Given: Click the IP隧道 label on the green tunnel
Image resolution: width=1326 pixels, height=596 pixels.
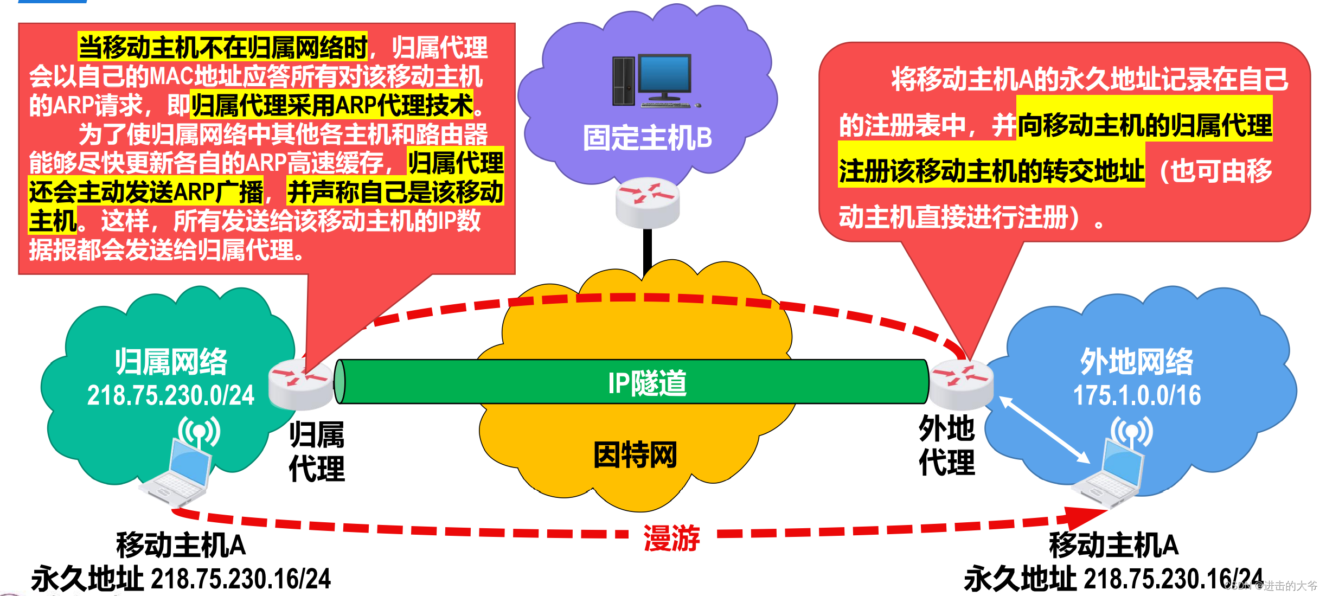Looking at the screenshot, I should [x=646, y=383].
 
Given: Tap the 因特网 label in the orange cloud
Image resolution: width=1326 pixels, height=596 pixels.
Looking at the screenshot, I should [x=635, y=454].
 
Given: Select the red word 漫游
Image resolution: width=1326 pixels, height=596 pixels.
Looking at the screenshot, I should [x=671, y=538].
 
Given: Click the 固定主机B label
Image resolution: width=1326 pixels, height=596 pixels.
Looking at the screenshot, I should [x=647, y=138].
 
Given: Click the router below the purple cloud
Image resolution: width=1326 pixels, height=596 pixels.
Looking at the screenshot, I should [x=648, y=202].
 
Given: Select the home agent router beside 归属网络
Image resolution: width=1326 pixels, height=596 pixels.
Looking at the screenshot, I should [x=301, y=383].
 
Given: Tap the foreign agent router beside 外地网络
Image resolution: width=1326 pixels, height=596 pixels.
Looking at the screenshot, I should [x=961, y=383].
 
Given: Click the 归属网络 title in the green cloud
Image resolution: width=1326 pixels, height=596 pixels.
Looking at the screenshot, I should [x=171, y=362].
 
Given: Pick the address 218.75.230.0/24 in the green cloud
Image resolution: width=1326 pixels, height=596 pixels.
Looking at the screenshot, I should [x=171, y=395].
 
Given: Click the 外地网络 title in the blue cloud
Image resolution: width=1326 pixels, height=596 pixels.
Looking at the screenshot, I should [x=1137, y=362].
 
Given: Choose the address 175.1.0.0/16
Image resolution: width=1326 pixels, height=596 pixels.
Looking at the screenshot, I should [x=1137, y=395].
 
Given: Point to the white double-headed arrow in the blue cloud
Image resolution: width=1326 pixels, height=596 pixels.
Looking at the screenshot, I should [x=1045, y=430].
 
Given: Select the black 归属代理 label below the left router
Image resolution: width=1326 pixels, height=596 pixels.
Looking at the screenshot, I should [x=317, y=451].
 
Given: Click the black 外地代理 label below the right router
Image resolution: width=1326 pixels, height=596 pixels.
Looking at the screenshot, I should [x=946, y=446].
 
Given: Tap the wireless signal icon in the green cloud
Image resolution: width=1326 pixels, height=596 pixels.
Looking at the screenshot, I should [x=199, y=432].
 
